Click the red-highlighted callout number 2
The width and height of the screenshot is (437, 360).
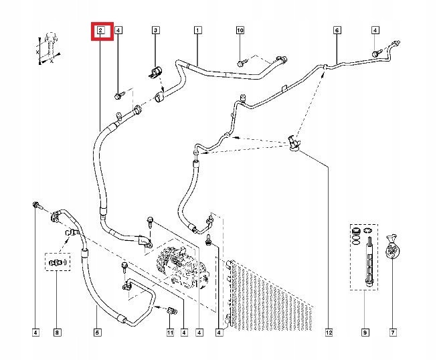(100, 30)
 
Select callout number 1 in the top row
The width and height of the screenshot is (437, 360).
(198, 30)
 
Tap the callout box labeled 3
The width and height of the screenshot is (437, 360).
(155, 30)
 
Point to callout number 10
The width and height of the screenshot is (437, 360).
(240, 30)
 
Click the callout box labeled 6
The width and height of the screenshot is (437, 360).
(337, 30)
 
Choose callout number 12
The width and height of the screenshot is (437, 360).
(329, 332)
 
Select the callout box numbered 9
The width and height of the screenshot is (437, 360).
(365, 332)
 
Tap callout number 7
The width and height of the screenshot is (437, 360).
(393, 332)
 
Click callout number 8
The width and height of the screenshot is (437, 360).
(58, 332)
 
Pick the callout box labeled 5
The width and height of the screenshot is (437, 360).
(98, 332)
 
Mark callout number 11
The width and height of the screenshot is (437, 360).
(170, 332)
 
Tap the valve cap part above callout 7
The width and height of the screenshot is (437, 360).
(394, 248)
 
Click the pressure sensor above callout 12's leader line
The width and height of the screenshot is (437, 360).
(294, 141)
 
